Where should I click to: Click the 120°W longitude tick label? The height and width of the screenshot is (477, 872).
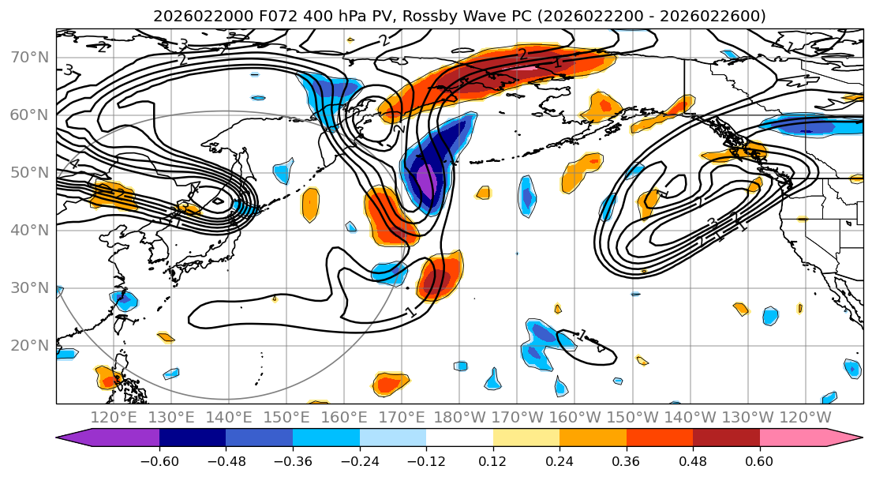pyautogui.click(x=805, y=417)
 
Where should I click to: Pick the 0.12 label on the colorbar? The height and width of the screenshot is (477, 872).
pyautogui.click(x=493, y=460)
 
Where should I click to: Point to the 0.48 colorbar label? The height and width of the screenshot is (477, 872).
pyautogui.click(x=693, y=460)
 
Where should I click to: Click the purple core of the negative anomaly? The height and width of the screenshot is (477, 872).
pyautogui.click(x=426, y=181)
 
